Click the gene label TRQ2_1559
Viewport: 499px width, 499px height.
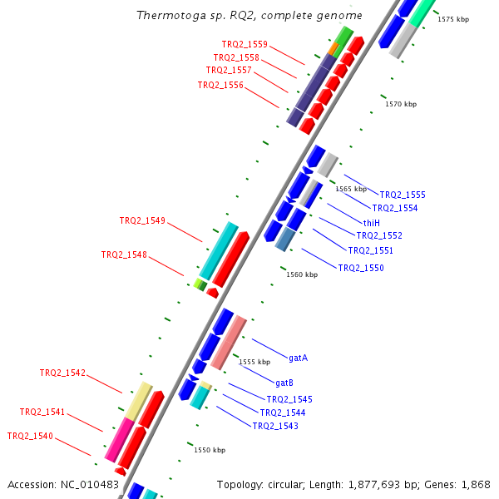point(245,43)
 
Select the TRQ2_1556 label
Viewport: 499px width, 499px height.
point(220,85)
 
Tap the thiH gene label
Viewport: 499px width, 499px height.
point(371,222)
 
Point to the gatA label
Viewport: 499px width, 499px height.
point(298,358)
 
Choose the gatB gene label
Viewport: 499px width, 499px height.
point(284,383)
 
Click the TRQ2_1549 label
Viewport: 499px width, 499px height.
point(142,220)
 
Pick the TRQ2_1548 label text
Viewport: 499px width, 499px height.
point(124,254)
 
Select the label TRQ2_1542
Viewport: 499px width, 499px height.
point(62,373)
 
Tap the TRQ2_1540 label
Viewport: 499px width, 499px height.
point(30,436)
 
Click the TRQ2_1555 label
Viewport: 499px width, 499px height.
point(403,195)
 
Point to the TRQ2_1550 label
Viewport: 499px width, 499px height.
point(361,268)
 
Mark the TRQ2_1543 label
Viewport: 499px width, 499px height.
point(275,426)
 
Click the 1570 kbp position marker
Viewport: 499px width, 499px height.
point(400,104)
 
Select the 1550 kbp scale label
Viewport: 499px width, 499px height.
point(210,450)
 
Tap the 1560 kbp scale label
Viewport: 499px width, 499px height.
point(302,274)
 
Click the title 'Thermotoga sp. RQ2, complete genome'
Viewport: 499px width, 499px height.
point(249,15)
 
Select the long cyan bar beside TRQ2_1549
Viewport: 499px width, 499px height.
point(219,250)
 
